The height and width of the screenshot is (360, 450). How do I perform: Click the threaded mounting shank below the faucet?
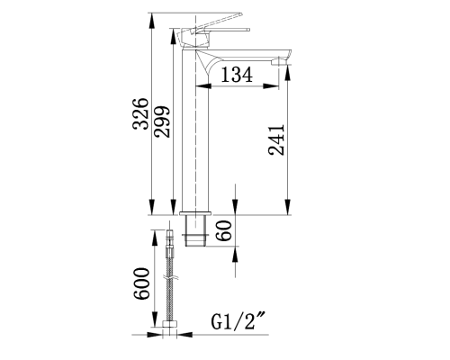tap(195, 229)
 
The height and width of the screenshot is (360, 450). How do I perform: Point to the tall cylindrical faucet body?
tap(195, 135)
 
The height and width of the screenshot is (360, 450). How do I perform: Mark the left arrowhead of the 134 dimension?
tap(200, 87)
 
